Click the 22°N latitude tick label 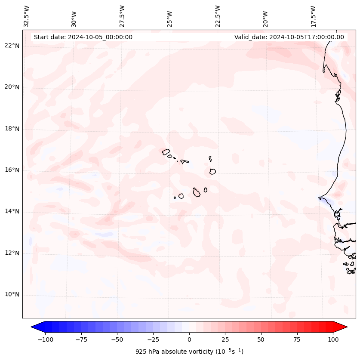pyautogui.click(x=12, y=46)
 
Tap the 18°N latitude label pyautogui.click(x=12, y=129)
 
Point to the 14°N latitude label pyautogui.click(x=12, y=211)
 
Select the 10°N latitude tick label pyautogui.click(x=12, y=294)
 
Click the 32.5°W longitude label pyautogui.click(x=27, y=16)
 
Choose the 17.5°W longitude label pyautogui.click(x=313, y=16)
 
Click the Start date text pyautogui.click(x=83, y=37)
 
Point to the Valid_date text pyautogui.click(x=289, y=37)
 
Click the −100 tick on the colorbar pyautogui.click(x=45, y=339)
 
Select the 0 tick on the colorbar pyautogui.click(x=189, y=339)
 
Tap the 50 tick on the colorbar pyautogui.click(x=261, y=339)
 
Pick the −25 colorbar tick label pyautogui.click(x=153, y=339)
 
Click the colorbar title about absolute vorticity pyautogui.click(x=189, y=352)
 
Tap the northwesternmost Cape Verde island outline pyautogui.click(x=166, y=151)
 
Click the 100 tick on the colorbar pyautogui.click(x=333, y=339)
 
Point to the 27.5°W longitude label pyautogui.click(x=122, y=16)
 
